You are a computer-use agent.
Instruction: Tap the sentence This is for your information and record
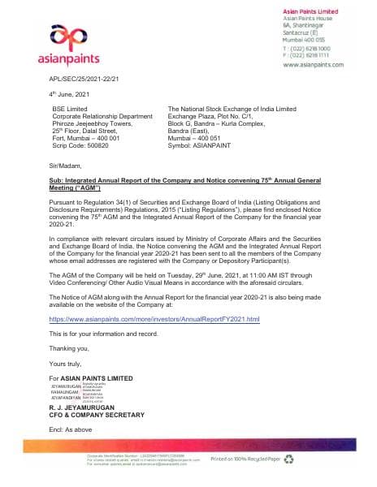[111, 334]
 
